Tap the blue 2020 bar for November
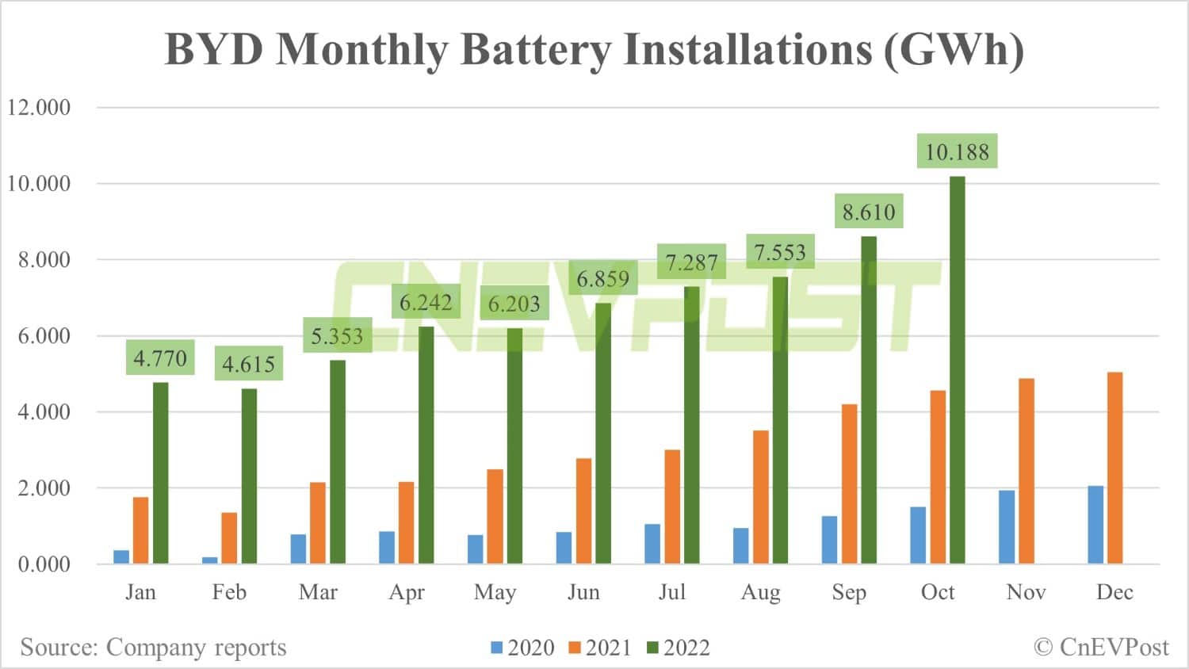pos(1007,527)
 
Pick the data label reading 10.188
pos(958,151)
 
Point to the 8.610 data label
pos(869,212)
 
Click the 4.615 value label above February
pos(248,364)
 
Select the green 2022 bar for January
pos(160,473)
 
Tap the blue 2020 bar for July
pos(652,544)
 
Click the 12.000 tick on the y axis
pos(39,107)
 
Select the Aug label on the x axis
pos(760,592)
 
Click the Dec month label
pos(1114,592)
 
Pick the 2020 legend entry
pos(523,648)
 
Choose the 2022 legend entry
pos(679,648)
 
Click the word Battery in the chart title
pos(536,49)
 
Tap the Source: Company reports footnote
pos(153,647)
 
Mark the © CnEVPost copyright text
pos(1101,647)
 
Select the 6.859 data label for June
pos(603,278)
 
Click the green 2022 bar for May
pos(514,445)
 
